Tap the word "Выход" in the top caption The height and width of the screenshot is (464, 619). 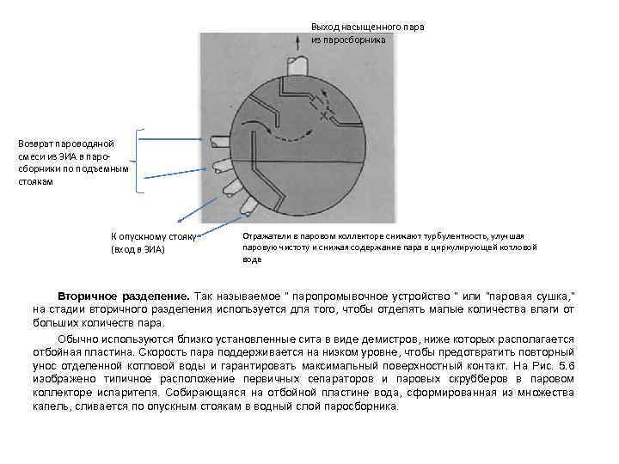(x=326, y=27)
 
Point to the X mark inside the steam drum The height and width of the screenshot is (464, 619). (x=324, y=114)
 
